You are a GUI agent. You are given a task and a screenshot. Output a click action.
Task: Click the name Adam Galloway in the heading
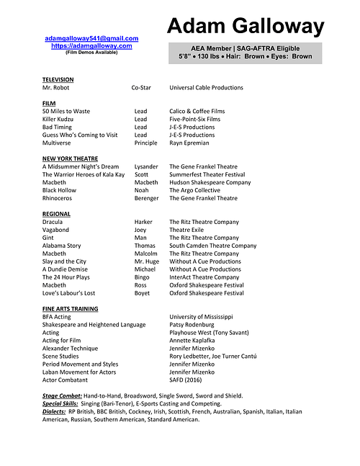click(x=246, y=27)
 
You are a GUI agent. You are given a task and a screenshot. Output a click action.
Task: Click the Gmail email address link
click(x=91, y=38)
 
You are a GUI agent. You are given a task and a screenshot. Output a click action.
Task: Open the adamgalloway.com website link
click(x=91, y=45)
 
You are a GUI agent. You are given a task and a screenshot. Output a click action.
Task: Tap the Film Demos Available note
click(x=91, y=52)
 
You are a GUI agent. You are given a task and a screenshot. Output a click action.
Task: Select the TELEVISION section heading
click(x=58, y=79)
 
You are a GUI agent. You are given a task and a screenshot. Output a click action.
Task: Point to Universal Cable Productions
click(x=206, y=88)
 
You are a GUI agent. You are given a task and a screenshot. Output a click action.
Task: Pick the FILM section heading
click(x=49, y=103)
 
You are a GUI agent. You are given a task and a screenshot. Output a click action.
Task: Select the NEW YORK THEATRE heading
click(x=70, y=158)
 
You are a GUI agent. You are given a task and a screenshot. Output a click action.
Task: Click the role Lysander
click(x=146, y=166)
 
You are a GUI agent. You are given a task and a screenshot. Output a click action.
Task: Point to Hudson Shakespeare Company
click(x=210, y=182)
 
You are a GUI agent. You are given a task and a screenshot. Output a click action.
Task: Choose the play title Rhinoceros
click(x=59, y=198)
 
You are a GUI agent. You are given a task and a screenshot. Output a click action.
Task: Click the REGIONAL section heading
click(x=56, y=214)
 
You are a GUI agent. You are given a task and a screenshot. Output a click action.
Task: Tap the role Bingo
click(x=143, y=277)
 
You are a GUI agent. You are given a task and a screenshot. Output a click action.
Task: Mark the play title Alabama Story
click(x=62, y=246)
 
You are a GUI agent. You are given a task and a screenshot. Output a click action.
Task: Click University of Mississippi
click(x=202, y=316)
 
